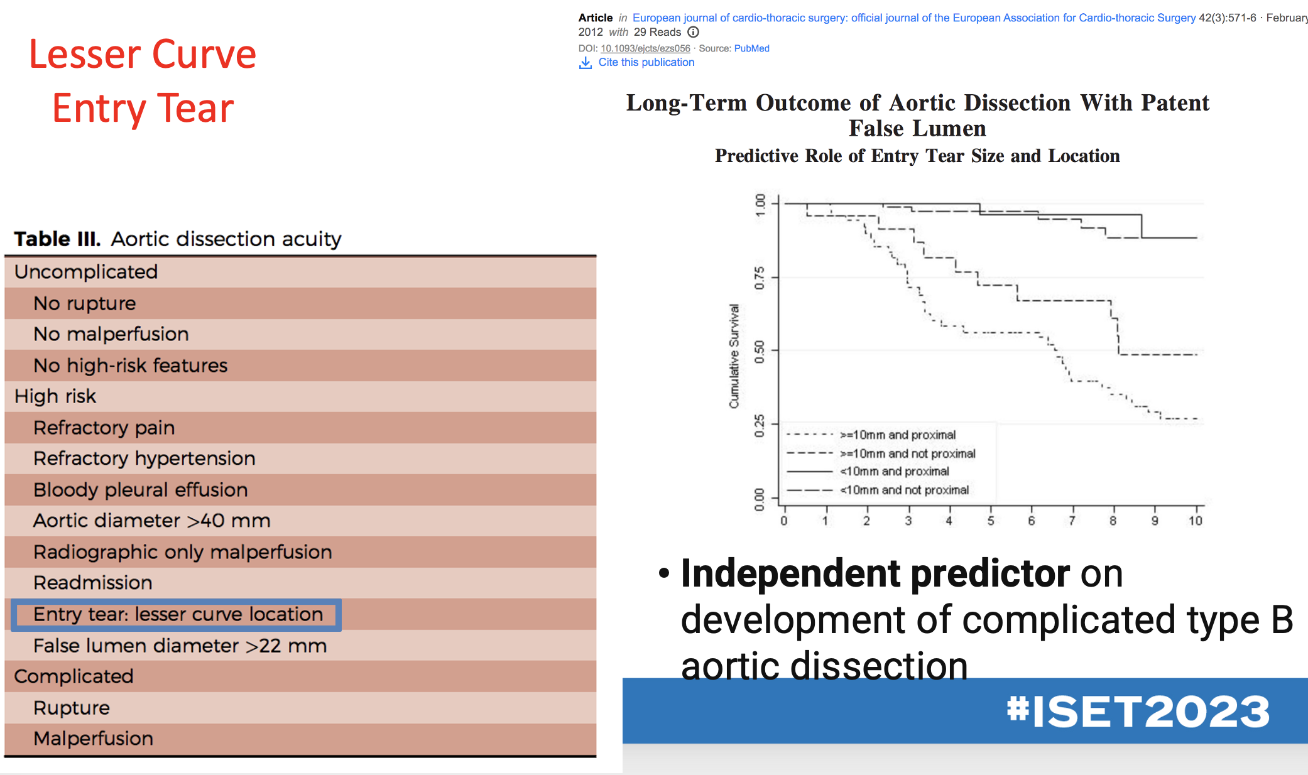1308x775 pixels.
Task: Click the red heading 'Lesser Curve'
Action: click(143, 55)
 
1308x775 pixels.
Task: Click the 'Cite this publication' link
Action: click(646, 62)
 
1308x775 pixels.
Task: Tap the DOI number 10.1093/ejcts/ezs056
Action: click(645, 48)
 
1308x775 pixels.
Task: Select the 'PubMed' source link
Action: click(751, 48)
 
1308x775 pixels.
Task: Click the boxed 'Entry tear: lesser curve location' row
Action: click(178, 614)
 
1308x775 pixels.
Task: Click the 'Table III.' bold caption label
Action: click(57, 239)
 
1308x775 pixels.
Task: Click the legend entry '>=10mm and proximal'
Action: click(897, 435)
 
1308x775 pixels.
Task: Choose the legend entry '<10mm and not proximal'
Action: click(904, 490)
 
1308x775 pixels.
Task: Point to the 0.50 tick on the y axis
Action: click(760, 350)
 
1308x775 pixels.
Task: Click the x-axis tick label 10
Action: click(1195, 521)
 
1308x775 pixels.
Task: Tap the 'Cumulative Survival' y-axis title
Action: click(734, 356)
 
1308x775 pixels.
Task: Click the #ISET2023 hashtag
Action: click(1138, 712)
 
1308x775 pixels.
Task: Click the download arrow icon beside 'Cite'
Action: click(585, 63)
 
